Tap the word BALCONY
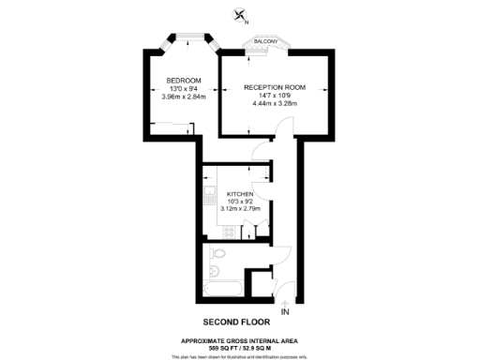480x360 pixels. click(266, 40)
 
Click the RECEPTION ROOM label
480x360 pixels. click(275, 86)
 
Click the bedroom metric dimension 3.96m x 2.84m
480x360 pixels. click(184, 96)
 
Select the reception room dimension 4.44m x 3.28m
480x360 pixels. click(275, 103)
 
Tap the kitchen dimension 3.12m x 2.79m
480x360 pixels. click(239, 209)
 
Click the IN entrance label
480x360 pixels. click(285, 311)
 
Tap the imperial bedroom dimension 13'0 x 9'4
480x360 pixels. click(184, 88)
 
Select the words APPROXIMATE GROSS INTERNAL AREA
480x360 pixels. click(240, 340)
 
